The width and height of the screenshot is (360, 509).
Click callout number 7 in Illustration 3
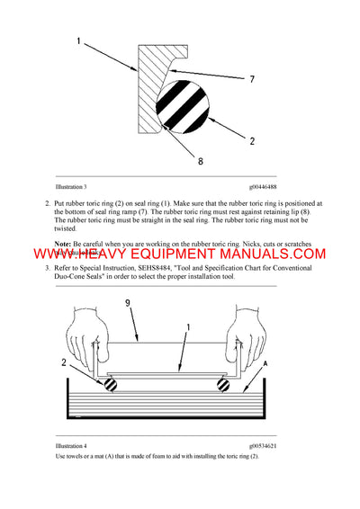pos(254,80)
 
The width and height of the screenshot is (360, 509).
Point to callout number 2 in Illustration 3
pos(253,140)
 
